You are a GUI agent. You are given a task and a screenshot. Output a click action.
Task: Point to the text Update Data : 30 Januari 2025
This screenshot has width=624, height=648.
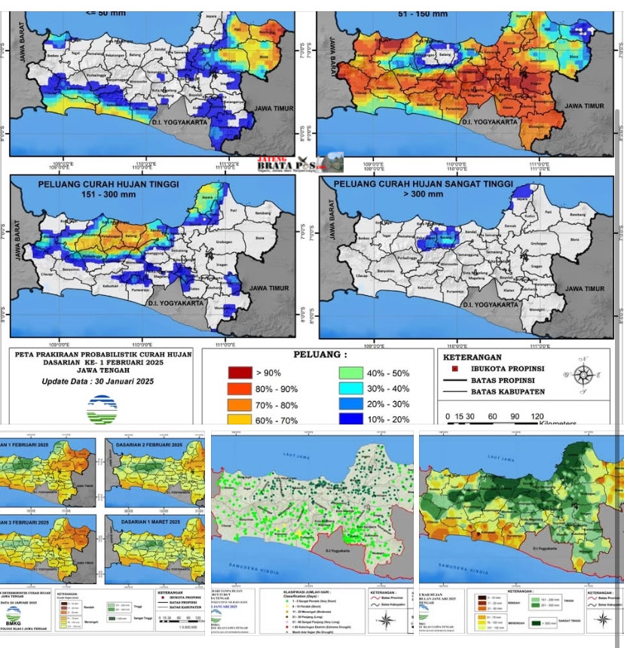pyautogui.click(x=98, y=382)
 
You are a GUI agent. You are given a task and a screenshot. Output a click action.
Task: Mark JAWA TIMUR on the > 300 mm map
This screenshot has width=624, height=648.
pyautogui.click(x=584, y=289)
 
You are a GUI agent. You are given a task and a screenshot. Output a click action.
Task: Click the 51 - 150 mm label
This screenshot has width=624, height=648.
pyautogui.click(x=424, y=13)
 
